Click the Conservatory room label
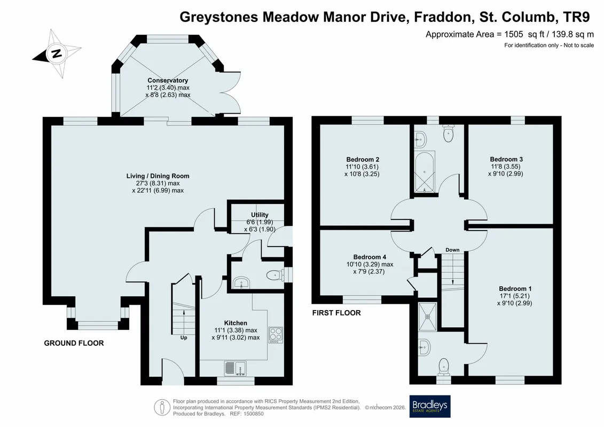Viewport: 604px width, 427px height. pos(168,81)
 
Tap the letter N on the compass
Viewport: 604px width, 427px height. pos(56,53)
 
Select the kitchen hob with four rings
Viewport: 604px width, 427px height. pos(276,335)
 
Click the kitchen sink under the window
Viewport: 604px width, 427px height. pos(235,368)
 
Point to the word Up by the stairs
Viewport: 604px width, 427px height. pos(184,338)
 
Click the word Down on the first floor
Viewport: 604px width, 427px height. pos(453,250)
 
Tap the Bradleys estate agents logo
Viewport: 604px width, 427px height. pos(429,407)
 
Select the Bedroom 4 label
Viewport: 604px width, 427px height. pos(370,257)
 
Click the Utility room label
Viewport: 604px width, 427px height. pos(260,215)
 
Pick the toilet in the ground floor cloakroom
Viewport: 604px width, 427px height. pos(275,275)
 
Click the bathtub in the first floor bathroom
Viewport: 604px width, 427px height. pos(424,172)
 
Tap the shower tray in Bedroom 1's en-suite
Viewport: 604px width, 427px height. pos(428,317)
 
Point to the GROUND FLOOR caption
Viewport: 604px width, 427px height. pos(74,343)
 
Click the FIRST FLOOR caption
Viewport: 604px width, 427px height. pos(336,313)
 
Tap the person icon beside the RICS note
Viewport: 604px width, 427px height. pos(162,407)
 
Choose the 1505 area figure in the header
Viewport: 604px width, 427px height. pos(514,34)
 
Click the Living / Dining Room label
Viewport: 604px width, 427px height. pos(158,176)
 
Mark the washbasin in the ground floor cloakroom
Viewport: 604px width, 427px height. pos(241,282)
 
